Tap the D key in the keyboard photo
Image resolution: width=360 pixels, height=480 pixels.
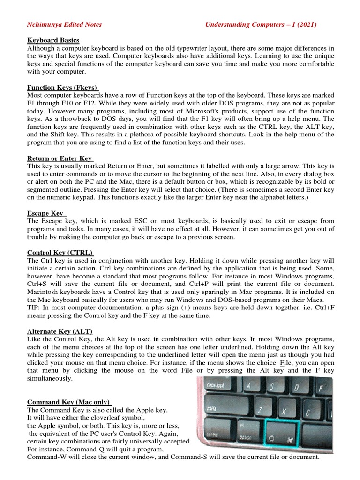(x=296, y=388)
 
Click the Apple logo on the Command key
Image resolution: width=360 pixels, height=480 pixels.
(x=271, y=439)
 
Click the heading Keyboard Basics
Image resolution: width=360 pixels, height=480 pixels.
(x=53, y=40)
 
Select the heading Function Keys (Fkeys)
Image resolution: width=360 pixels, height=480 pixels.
(x=62, y=88)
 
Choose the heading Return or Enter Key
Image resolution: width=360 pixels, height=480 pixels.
(x=60, y=158)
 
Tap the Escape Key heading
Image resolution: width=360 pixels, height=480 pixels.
(x=45, y=213)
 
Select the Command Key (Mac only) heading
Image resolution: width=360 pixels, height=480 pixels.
(x=69, y=402)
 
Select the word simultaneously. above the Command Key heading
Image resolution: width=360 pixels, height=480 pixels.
(x=50, y=378)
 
